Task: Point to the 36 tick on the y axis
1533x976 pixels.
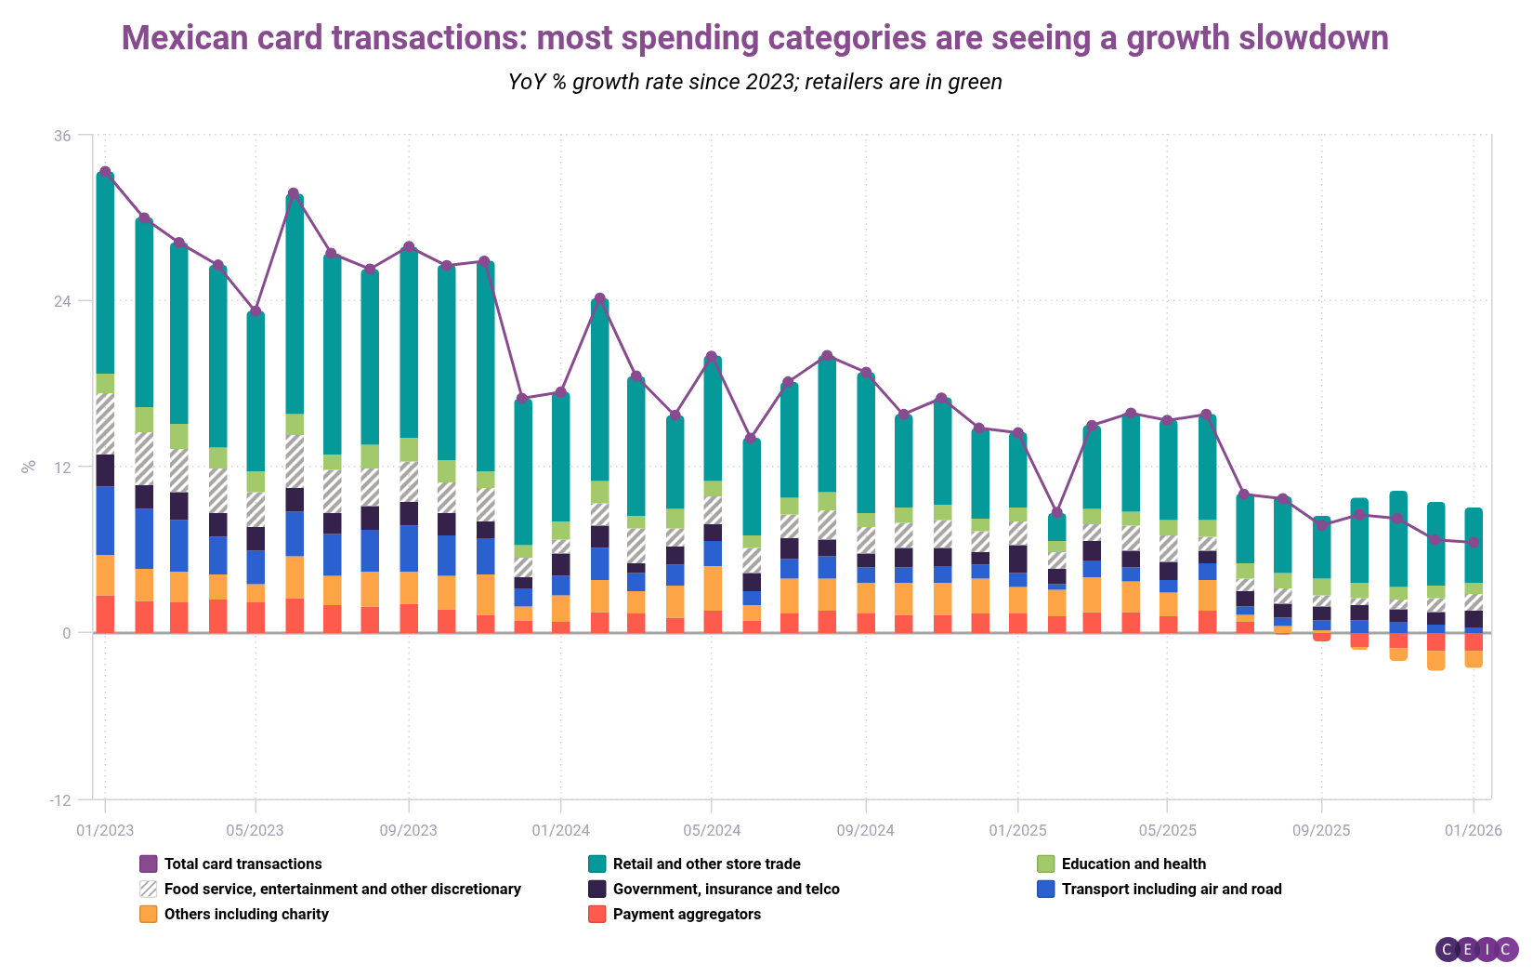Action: click(62, 136)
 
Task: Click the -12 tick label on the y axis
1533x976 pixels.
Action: click(59, 800)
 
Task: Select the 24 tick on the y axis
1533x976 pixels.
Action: click(62, 301)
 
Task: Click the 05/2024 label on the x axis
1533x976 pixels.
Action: click(712, 830)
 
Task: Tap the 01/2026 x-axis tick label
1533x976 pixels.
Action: click(1473, 830)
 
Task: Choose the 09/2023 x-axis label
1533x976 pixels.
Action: click(408, 830)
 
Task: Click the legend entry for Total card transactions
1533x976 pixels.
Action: click(242, 864)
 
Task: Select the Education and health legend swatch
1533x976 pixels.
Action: click(1045, 864)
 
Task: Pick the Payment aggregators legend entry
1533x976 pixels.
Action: click(686, 914)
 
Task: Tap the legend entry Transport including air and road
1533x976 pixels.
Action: click(1171, 889)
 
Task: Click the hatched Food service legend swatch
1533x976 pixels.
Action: click(148, 889)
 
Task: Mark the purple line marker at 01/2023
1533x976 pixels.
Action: click(105, 172)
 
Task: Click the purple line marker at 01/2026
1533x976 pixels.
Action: click(1473, 542)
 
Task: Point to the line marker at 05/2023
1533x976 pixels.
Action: click(255, 310)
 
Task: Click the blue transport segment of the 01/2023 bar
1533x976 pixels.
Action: click(105, 521)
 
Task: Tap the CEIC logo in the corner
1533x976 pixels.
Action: click(1476, 949)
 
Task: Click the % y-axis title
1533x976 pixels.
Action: click(29, 467)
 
